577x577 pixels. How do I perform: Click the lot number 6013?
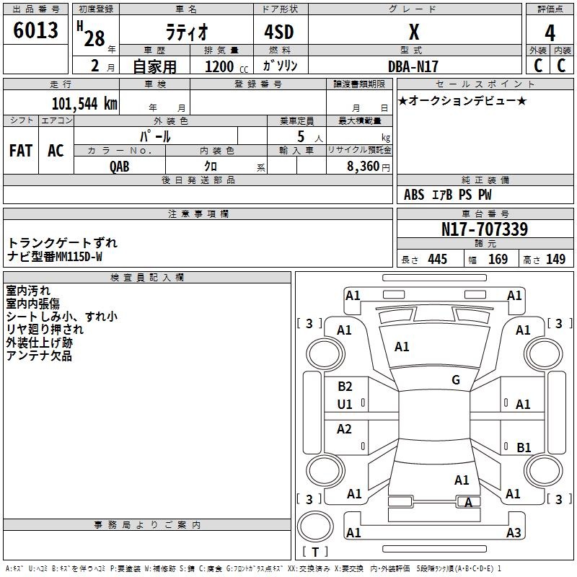pos(35,30)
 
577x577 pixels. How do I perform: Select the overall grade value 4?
pos(550,33)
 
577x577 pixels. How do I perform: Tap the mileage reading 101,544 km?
pos(84,104)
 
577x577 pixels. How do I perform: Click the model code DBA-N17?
pos(413,66)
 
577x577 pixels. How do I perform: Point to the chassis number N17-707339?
pos(485,229)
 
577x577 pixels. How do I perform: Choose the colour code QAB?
pos(120,167)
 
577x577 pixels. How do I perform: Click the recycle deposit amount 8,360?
pos(364,166)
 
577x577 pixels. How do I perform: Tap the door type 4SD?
pos(279,32)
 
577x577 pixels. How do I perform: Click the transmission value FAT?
pos(21,151)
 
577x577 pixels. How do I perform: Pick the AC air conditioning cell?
pos(56,151)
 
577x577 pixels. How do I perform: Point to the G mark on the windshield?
pos(456,379)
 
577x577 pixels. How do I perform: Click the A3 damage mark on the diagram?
pos(514,532)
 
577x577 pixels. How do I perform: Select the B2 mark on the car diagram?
pos(345,386)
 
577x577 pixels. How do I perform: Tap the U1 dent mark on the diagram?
pos(345,405)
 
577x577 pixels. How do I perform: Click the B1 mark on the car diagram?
pos(524,447)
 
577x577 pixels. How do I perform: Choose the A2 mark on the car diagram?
pos(344,428)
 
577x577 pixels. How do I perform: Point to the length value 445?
pos(438,259)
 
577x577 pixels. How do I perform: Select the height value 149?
pos(555,259)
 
